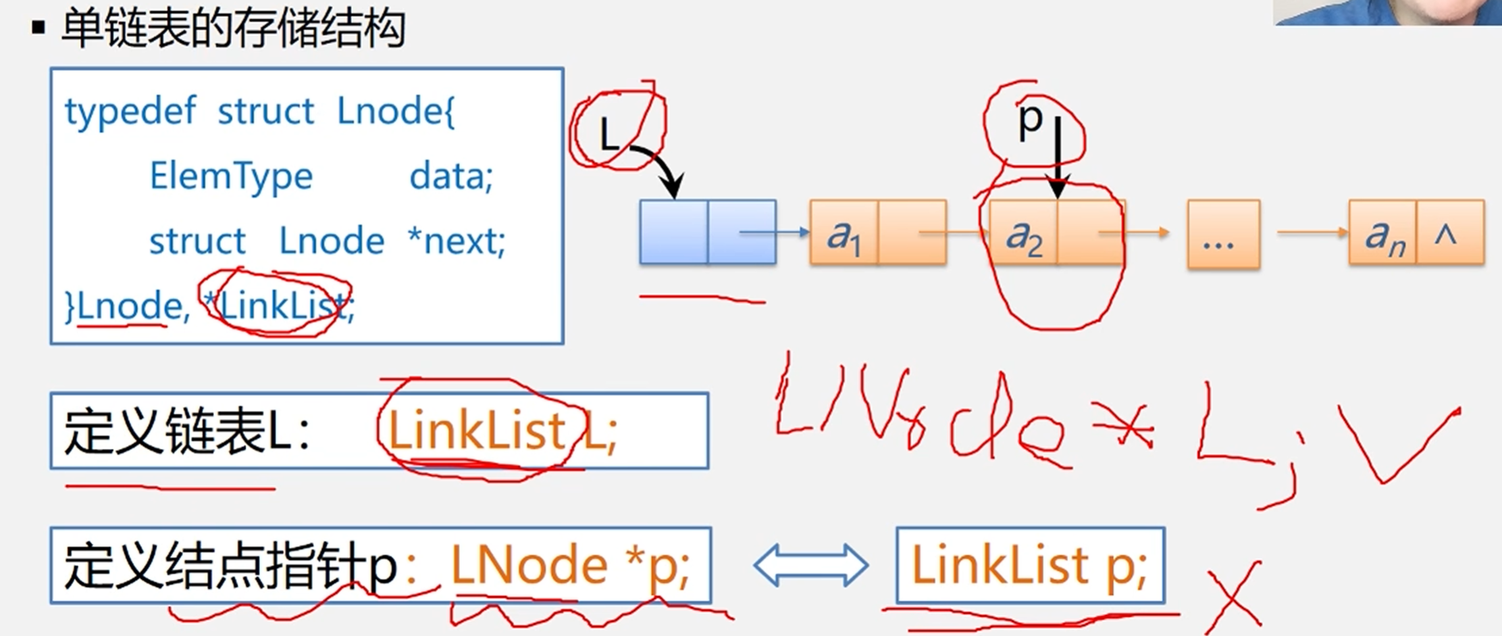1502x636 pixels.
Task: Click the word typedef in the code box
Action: [130, 112]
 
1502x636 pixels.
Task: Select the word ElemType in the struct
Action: [231, 177]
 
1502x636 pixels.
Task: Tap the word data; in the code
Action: [451, 177]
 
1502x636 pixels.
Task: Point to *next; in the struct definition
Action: [457, 241]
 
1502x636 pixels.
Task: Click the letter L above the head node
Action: [609, 134]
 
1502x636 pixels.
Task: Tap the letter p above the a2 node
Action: [1031, 121]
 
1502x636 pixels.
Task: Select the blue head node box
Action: [707, 232]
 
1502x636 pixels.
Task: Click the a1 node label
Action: [844, 236]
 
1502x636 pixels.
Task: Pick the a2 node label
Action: [1023, 236]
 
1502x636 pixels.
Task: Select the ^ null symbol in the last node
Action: [1445, 235]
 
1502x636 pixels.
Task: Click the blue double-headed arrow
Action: [810, 565]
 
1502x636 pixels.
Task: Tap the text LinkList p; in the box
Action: [1029, 565]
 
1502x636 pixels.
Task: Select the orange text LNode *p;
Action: [569, 565]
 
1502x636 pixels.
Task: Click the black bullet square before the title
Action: [38, 28]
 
